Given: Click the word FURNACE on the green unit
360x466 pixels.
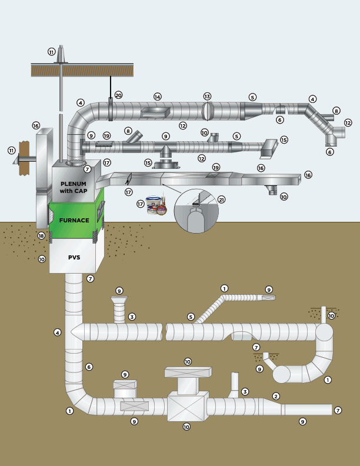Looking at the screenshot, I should [x=74, y=220].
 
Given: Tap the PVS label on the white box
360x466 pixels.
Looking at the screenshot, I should [x=74, y=257].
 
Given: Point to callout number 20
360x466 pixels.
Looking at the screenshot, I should [x=118, y=95].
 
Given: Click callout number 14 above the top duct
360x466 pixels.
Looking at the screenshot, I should [x=157, y=96].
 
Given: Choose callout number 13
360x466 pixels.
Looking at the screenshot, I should [x=207, y=96].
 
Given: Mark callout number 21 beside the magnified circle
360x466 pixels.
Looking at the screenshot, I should [x=221, y=199].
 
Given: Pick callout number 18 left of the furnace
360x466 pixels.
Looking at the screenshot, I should [x=41, y=235].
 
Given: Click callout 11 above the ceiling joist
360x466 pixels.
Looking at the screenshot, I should [x=51, y=52].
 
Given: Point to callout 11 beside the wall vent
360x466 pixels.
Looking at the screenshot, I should [x=11, y=151].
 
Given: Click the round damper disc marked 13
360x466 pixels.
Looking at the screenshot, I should [x=206, y=111].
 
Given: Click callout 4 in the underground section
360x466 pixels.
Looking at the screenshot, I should [x=57, y=332].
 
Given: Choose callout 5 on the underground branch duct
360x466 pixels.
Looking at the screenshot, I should [x=191, y=317].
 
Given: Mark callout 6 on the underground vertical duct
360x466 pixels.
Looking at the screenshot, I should [x=89, y=367].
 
